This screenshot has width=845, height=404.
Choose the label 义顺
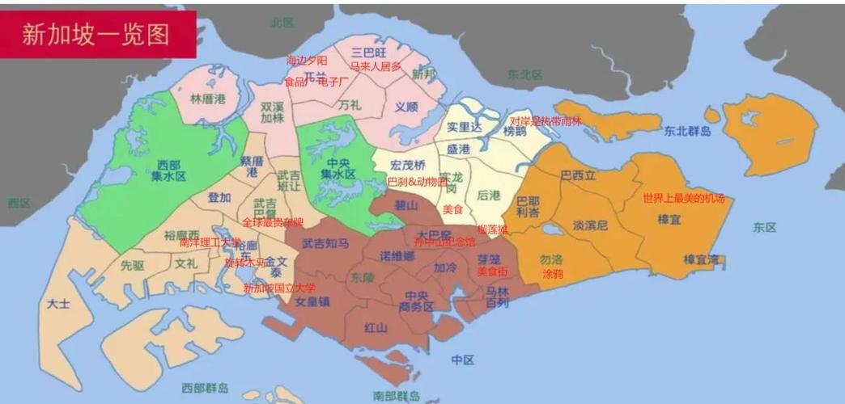[406, 106]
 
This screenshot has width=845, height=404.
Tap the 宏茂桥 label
[407, 165]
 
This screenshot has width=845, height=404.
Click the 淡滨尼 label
[590, 225]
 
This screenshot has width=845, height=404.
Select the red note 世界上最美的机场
[684, 199]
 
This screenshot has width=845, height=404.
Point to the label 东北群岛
[687, 131]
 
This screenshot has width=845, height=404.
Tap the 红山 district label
[376, 327]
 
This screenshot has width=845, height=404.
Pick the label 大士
[58, 305]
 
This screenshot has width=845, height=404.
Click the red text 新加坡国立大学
[280, 288]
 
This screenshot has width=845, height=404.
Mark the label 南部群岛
[397, 396]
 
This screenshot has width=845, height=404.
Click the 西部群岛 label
[205, 389]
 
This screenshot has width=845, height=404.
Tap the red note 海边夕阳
[308, 61]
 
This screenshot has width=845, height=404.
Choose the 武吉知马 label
[325, 242]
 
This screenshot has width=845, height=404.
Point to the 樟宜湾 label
[701, 259]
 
